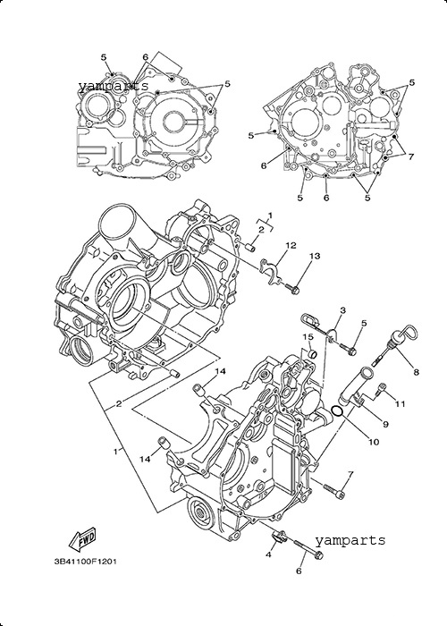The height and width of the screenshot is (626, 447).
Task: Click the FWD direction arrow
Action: pyautogui.click(x=83, y=537)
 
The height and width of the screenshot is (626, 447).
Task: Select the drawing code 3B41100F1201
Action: pyautogui.click(x=86, y=562)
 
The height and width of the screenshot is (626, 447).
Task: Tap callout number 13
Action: pyautogui.click(x=315, y=256)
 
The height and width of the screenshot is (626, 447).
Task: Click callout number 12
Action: pyautogui.click(x=291, y=245)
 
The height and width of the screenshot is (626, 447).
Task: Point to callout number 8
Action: pyautogui.click(x=417, y=372)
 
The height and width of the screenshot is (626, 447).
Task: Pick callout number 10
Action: pyautogui.click(x=374, y=442)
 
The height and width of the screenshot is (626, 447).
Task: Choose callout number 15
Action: pyautogui.click(x=308, y=337)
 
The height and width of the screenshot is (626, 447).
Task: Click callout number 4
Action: pyautogui.click(x=268, y=555)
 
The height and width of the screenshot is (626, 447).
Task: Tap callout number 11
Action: pyautogui.click(x=400, y=404)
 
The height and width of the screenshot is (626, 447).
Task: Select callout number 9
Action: pyautogui.click(x=385, y=425)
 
